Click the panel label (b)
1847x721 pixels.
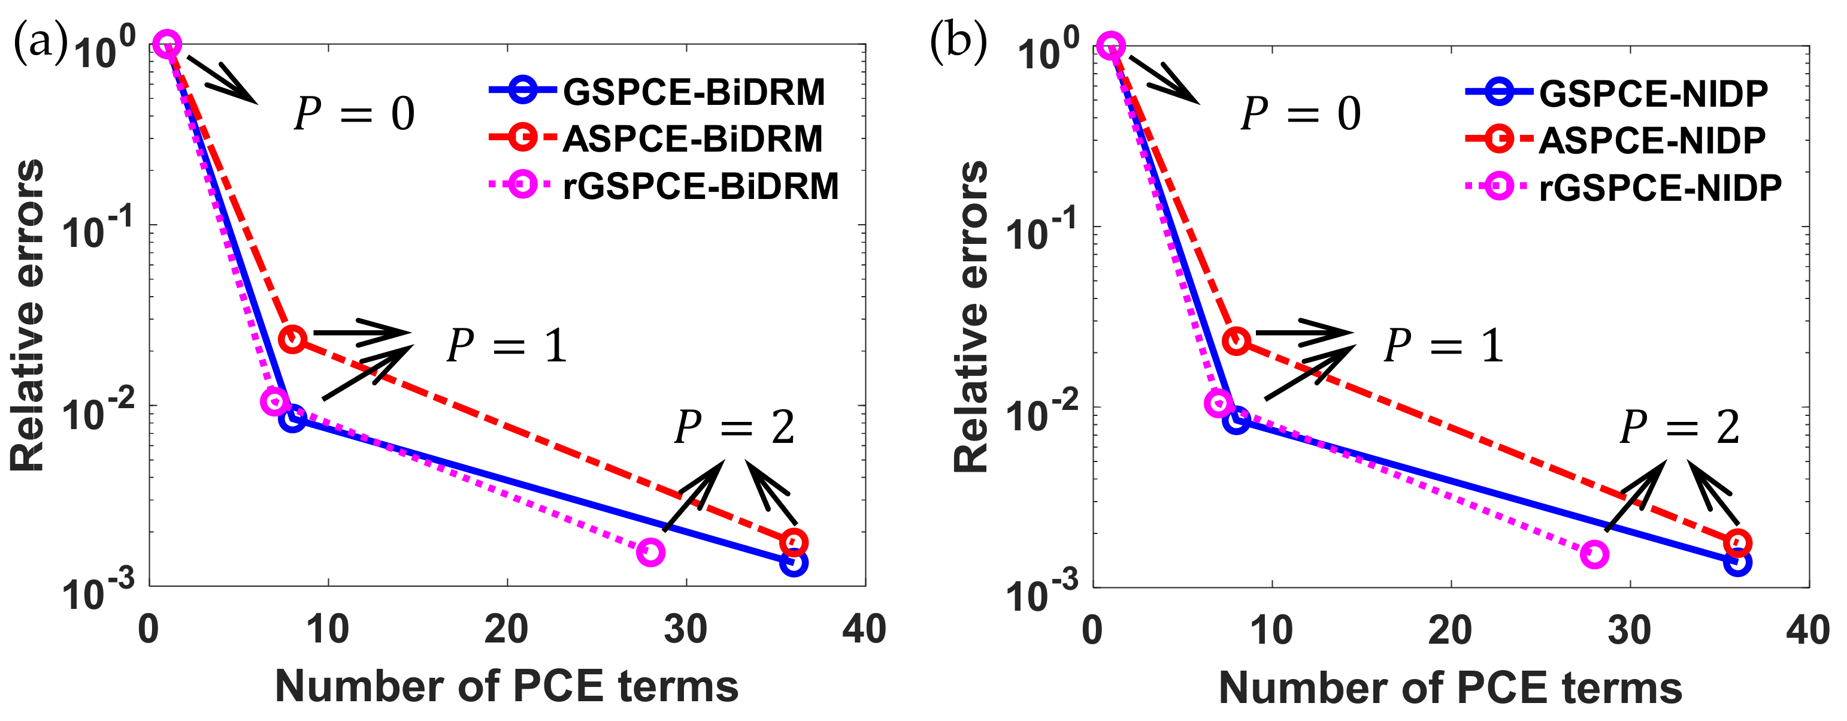tap(957, 41)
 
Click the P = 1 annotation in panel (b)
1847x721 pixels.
tap(1443, 346)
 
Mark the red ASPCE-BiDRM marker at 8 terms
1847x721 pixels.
tap(292, 339)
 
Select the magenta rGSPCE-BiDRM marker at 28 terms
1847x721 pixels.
tap(650, 552)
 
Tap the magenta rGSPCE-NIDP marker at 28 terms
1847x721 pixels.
tap(1595, 554)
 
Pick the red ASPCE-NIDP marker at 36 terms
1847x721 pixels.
tap(1737, 543)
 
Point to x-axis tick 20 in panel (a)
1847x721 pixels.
tap(506, 630)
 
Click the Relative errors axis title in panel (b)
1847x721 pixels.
tap(971, 316)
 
